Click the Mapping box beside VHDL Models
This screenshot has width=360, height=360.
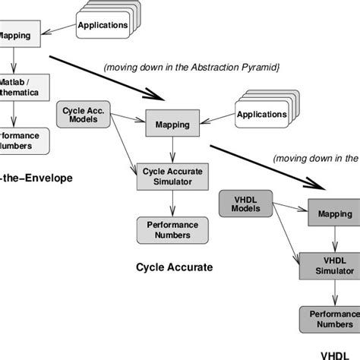(333, 213)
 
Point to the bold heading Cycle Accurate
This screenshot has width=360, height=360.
(174, 267)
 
